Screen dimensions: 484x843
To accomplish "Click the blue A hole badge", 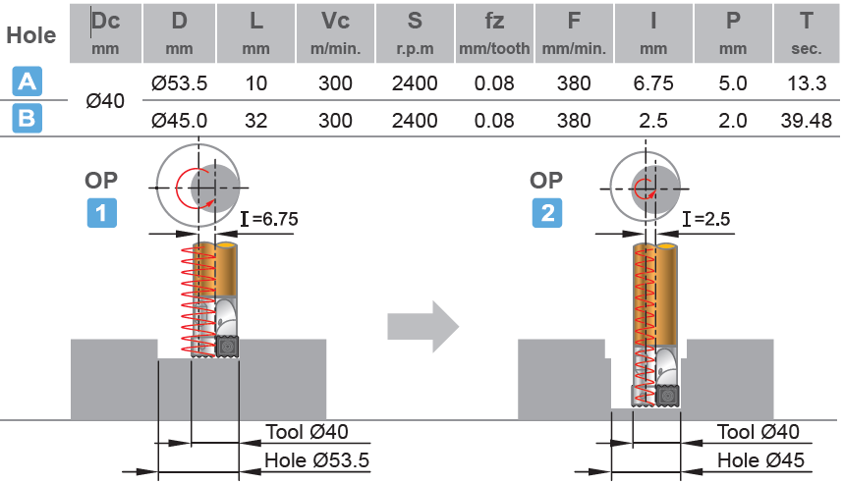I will (26, 82).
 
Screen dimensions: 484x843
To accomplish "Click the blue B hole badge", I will (26, 120).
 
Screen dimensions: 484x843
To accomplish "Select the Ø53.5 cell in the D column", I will (180, 84).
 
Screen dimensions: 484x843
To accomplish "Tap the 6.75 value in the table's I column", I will (653, 84).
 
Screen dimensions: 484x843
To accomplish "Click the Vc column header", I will (335, 30).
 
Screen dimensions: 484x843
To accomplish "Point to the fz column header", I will (494, 30).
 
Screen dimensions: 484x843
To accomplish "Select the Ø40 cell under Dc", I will (104, 102).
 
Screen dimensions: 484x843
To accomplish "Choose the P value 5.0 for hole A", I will (732, 84).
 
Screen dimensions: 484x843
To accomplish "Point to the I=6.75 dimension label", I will (264, 218).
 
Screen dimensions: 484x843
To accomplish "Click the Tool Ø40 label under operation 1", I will (307, 432).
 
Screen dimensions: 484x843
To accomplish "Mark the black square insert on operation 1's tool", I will (228, 346).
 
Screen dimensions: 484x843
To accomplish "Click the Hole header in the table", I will (30, 35).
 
